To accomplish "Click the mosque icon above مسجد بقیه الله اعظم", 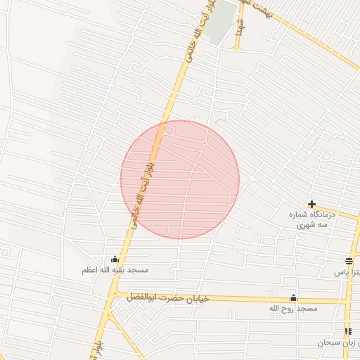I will [115, 259].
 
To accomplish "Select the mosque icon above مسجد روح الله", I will [293, 297].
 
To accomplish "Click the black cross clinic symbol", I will [311, 204].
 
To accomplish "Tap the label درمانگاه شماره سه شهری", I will [314, 219].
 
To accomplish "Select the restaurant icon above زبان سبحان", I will [347, 331].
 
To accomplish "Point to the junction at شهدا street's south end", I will [237, 49].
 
